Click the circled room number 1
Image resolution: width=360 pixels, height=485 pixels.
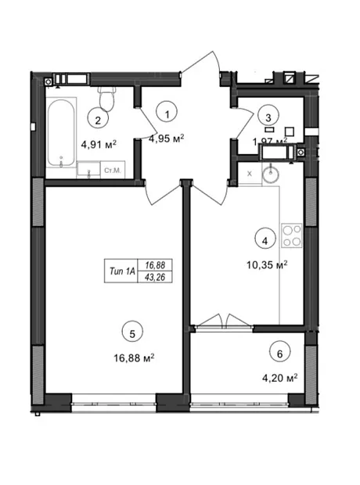[x=167, y=114]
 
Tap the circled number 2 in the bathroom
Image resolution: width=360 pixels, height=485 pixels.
[x=98, y=120]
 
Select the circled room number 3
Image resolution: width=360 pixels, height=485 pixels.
[x=268, y=117]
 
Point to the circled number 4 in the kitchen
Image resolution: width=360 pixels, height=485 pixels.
[x=265, y=240]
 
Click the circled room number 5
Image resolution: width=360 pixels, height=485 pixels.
[x=132, y=333]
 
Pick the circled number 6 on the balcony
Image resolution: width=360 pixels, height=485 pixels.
[x=280, y=354]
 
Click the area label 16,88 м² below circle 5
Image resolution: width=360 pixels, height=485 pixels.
[x=134, y=358]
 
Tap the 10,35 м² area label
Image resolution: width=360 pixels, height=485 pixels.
[x=267, y=264]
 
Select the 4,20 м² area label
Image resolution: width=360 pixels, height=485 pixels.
[x=280, y=378]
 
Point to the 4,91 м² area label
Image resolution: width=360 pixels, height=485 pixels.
[x=99, y=144]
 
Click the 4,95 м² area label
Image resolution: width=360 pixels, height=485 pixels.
[x=167, y=138]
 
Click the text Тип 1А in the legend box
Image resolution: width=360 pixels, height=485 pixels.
[x=122, y=271]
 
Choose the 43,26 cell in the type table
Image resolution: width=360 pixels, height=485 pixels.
[x=155, y=277]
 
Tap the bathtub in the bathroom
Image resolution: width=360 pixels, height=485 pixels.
[x=61, y=133]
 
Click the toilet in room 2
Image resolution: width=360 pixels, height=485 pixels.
[x=106, y=99]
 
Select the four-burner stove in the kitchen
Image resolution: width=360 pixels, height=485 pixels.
[x=292, y=235]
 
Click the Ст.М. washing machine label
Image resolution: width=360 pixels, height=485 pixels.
[x=113, y=170]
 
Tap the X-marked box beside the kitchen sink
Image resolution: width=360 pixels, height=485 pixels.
[x=250, y=174]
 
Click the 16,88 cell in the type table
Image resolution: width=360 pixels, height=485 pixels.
[x=155, y=265]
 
